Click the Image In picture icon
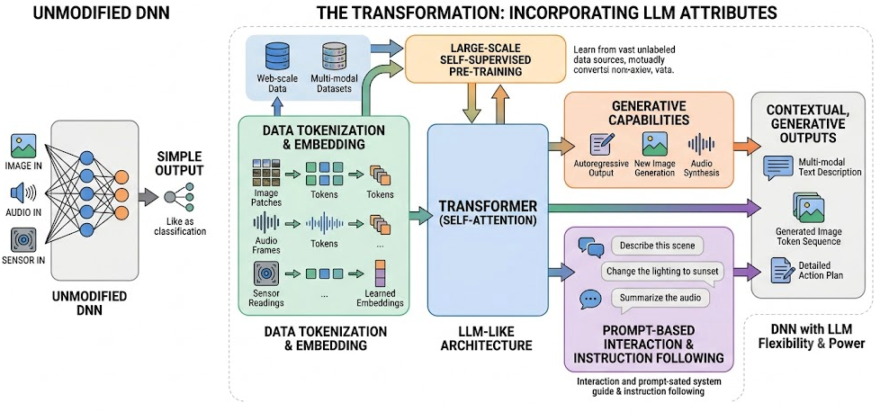(x=23, y=146)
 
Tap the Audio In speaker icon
(x=23, y=193)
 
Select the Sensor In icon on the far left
(x=23, y=239)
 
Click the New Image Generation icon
(x=654, y=143)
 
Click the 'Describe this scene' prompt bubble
(x=656, y=246)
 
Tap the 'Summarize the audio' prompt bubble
(x=659, y=296)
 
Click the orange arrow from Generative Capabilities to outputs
(x=747, y=146)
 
